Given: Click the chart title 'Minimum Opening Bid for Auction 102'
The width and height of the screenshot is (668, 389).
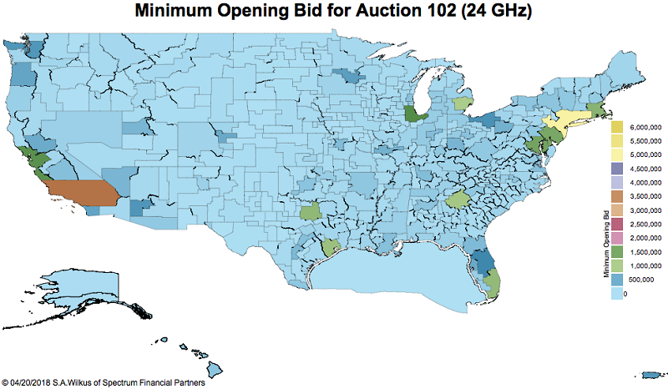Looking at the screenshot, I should pos(334,12).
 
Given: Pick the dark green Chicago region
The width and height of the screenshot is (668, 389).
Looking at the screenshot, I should pos(412,114).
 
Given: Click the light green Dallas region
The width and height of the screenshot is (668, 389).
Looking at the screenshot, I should pos(311,211).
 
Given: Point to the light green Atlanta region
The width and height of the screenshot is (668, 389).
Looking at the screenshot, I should pos(458,200).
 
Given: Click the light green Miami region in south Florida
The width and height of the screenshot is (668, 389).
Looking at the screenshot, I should pos(492,280).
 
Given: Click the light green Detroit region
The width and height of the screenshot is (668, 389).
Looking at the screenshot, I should pos(461,104).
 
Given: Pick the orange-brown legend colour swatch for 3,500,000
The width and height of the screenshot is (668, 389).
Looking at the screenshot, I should pos(617,196).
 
